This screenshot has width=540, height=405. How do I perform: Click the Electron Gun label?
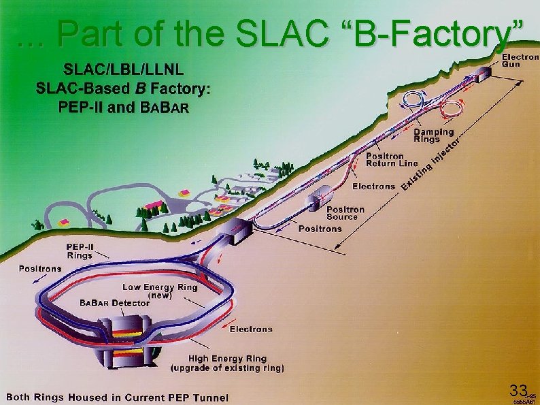(x=520, y=60)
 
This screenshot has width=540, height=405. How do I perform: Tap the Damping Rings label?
(x=434, y=135)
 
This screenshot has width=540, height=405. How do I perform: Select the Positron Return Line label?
(x=392, y=159)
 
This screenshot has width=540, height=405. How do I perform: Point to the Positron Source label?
(x=345, y=212)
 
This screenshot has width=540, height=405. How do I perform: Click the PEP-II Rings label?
(x=80, y=250)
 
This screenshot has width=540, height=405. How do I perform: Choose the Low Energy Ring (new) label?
(x=160, y=291)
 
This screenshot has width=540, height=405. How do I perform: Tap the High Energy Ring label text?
(x=228, y=358)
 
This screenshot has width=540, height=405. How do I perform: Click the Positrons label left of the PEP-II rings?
(x=39, y=268)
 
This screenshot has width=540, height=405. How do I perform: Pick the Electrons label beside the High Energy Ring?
(x=250, y=329)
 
